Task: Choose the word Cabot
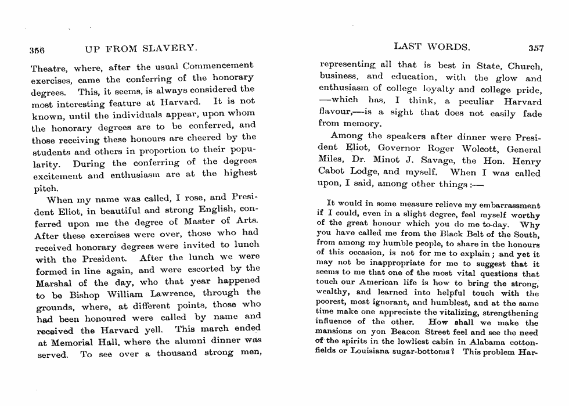[332, 172]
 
